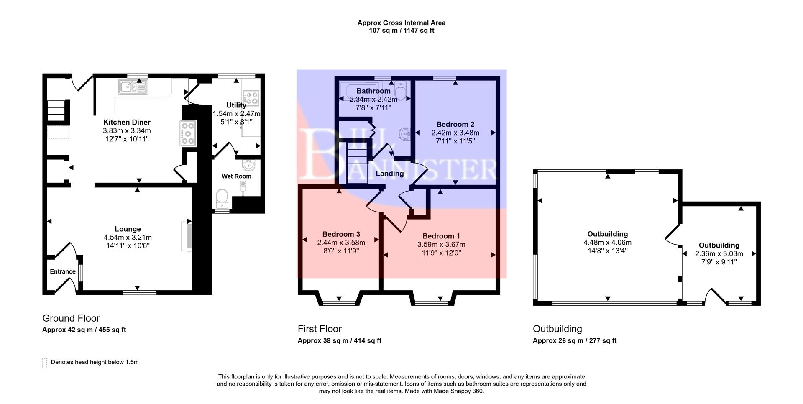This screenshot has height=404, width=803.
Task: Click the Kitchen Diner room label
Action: [127, 122]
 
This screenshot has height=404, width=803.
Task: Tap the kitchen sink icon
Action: [133, 87]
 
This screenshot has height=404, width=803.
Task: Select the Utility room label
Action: [236, 105]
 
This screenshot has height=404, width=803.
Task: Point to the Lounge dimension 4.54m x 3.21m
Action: [128, 238]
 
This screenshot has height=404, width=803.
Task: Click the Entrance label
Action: [63, 271]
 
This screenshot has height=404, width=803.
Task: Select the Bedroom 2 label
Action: [455, 124]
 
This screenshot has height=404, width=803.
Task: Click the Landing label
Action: [389, 174]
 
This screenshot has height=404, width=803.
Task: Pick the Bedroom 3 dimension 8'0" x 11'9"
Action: [341, 251]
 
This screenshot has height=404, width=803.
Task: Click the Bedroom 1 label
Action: [441, 236]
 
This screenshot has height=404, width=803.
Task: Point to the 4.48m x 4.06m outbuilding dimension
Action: [607, 243]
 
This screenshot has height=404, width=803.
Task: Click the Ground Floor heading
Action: [71, 318]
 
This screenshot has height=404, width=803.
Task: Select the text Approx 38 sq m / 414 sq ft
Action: [339, 340]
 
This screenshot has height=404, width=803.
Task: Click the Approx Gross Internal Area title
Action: [401, 23]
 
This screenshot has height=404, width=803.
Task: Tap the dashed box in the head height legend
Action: [44, 363]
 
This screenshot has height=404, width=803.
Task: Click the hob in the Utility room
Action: [251, 98]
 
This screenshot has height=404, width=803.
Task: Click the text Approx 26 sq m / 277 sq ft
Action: [574, 340]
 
